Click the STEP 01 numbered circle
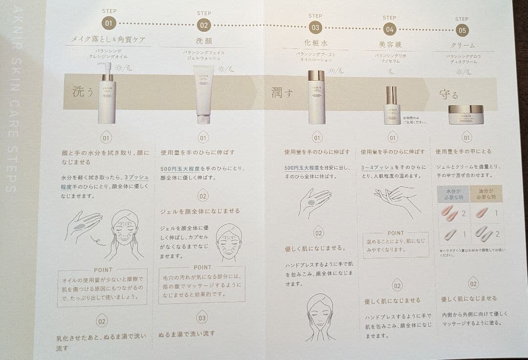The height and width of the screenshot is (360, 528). click(x=109, y=23)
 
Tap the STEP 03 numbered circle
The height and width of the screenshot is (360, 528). click(x=315, y=28)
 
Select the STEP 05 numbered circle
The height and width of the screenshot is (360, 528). click(x=462, y=30)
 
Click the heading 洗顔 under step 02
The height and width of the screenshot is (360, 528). click(x=203, y=41)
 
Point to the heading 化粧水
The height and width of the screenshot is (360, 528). click(x=315, y=43)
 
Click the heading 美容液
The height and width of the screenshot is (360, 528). click(x=390, y=44)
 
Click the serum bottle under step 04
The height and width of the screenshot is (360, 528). click(x=392, y=105)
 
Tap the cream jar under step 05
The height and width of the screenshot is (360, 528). click(x=465, y=115)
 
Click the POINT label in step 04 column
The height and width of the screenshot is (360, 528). click(x=396, y=233)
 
